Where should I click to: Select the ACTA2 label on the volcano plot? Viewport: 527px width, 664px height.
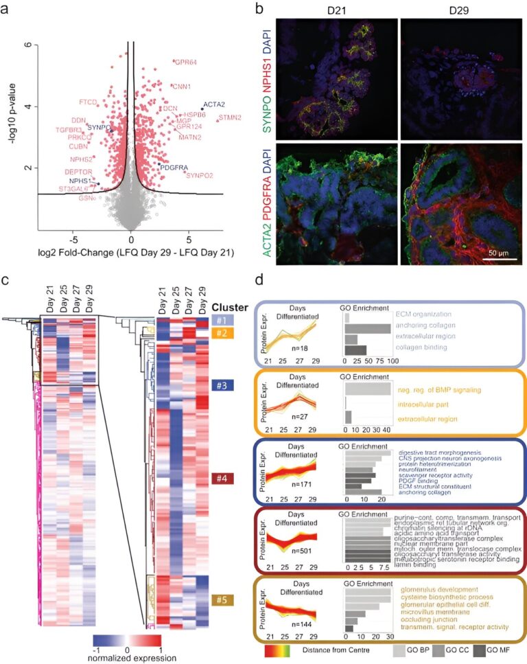(214, 104)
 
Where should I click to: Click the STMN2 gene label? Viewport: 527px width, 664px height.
(230, 118)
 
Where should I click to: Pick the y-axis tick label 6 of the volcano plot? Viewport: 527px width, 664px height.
(27, 45)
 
